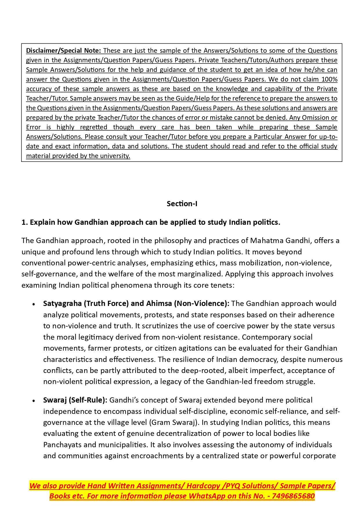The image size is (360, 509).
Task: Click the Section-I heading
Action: pyautogui.click(x=182, y=204)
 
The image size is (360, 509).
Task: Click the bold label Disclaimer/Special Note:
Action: pyautogui.click(x=63, y=51)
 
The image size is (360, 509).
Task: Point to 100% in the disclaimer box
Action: pyautogui.click(x=329, y=79)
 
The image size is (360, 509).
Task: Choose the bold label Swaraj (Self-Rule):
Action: pyautogui.click(x=75, y=400)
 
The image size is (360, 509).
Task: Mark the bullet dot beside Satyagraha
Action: pyautogui.click(x=34, y=304)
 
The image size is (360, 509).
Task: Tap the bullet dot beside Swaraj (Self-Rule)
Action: pyautogui.click(x=34, y=401)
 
